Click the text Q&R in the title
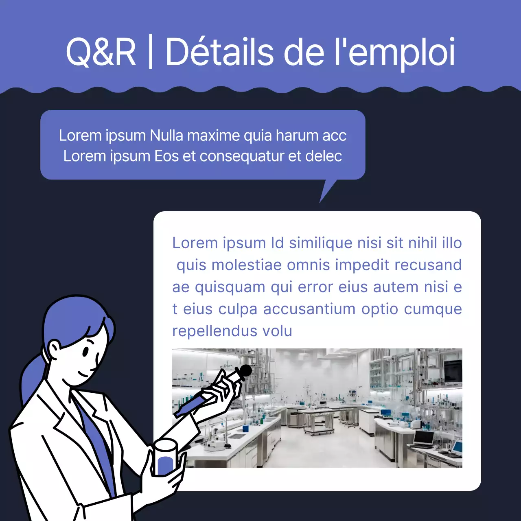click(101, 52)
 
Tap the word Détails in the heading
click(219, 52)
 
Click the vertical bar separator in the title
click(151, 52)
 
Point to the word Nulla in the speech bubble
click(166, 136)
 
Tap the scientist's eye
click(86, 351)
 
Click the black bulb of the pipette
click(245, 370)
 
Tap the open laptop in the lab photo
click(423, 440)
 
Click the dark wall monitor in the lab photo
click(452, 371)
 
